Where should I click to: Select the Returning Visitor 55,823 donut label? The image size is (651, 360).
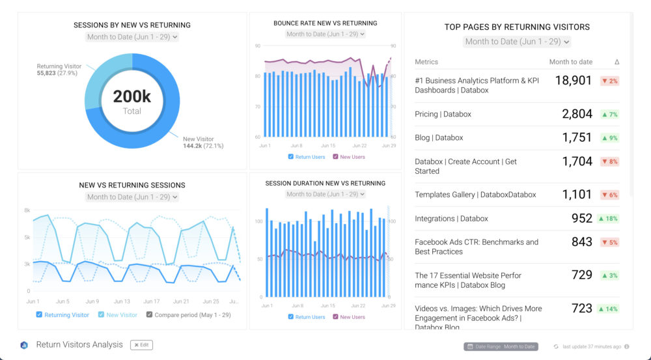(59, 70)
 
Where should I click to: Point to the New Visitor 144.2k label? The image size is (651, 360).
(202, 142)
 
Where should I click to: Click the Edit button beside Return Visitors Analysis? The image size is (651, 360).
(141, 345)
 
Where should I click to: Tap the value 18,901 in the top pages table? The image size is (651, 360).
(574, 81)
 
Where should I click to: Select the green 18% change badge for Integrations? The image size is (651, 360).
(608, 219)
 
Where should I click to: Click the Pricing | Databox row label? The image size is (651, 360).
(443, 114)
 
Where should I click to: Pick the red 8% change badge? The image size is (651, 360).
(609, 161)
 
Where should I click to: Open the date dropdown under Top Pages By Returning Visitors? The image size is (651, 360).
(517, 42)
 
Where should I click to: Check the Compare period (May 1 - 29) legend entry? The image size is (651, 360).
(189, 314)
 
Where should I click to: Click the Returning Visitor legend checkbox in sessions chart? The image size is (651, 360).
(40, 314)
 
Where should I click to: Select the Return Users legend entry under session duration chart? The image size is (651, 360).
(307, 317)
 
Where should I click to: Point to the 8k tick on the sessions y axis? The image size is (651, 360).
(27, 210)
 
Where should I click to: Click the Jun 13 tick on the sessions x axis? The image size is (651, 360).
(122, 301)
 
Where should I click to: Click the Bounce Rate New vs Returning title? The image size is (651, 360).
(325, 23)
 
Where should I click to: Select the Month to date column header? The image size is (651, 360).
(570, 62)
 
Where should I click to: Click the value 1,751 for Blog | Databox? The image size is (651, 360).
(577, 137)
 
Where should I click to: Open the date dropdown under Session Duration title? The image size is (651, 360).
(325, 194)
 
